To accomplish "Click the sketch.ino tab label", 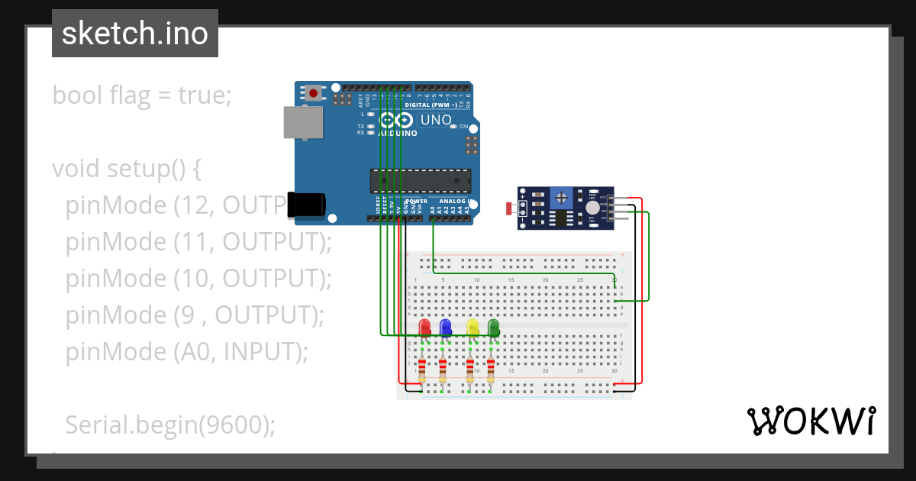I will pyautogui.click(x=135, y=34).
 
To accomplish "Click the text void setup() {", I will pyautogui.click(x=126, y=168).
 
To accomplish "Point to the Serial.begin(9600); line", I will pyautogui.click(x=169, y=425).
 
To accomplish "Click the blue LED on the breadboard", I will pyautogui.click(x=446, y=328).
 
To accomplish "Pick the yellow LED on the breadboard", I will pyautogui.click(x=473, y=328).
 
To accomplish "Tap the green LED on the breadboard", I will pyautogui.click(x=493, y=328).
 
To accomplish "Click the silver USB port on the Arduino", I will pyautogui.click(x=303, y=122).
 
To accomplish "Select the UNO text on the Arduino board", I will pyautogui.click(x=436, y=120).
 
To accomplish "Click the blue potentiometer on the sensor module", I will pyautogui.click(x=563, y=198).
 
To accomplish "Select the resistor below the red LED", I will pyautogui.click(x=422, y=370).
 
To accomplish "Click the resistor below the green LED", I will pyautogui.click(x=490, y=370).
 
